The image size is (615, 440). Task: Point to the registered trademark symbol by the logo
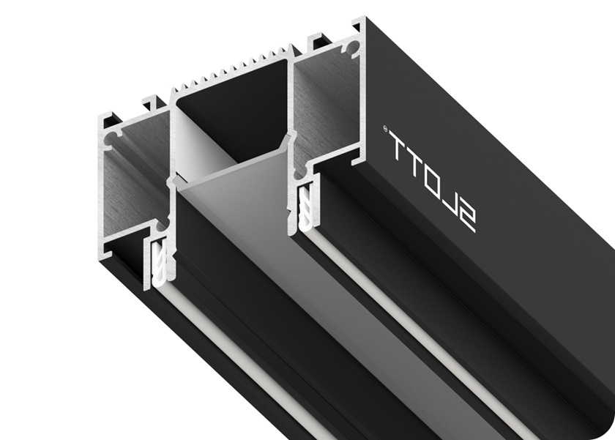(385, 130)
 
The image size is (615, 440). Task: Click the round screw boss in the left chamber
(115, 136)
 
